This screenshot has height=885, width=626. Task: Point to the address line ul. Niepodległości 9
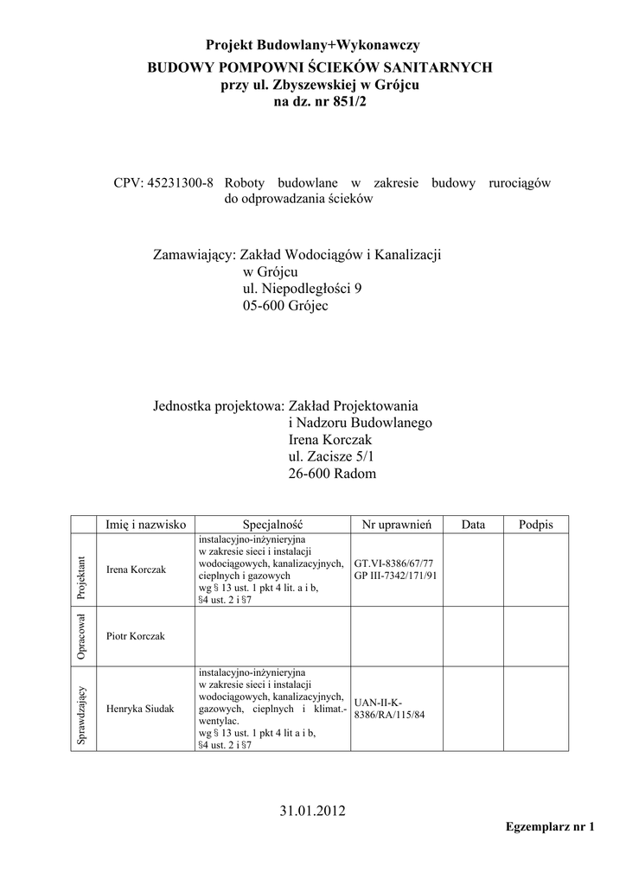tap(303, 289)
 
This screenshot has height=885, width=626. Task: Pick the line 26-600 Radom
tap(332, 474)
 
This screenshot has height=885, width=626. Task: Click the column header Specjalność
tap(272, 525)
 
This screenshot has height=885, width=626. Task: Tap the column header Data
tap(473, 525)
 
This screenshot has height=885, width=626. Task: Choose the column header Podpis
tap(535, 525)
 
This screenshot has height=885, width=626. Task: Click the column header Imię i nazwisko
tap(146, 525)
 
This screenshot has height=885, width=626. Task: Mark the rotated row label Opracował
tap(82, 636)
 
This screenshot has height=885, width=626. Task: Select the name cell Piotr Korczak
tap(135, 636)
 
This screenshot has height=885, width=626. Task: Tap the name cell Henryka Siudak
tap(140, 709)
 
